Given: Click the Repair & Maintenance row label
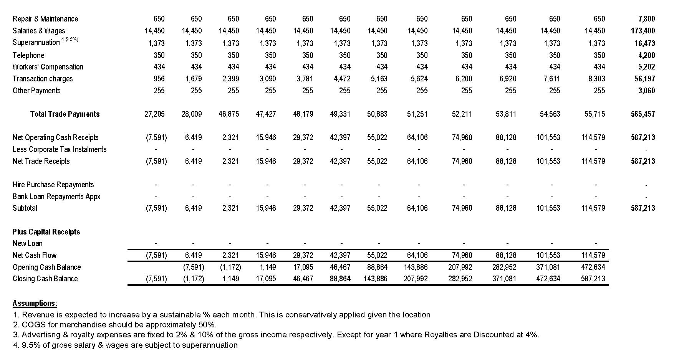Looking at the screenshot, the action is [x=45, y=19].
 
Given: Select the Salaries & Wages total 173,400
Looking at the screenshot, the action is [x=643, y=31].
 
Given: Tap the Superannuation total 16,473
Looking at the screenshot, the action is [x=644, y=43].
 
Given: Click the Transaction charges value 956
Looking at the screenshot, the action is [x=159, y=79].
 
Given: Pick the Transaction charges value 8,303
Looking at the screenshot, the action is [x=597, y=79].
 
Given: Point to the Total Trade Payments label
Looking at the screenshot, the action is [x=65, y=114].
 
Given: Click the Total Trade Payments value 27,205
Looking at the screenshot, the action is [x=154, y=114].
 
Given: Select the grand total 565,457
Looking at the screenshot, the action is [x=643, y=114].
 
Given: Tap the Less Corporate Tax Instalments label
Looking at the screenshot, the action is [x=60, y=149].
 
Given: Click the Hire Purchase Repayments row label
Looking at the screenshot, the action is [x=53, y=185].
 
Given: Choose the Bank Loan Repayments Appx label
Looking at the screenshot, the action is [x=56, y=197].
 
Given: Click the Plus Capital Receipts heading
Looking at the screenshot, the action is [x=46, y=232].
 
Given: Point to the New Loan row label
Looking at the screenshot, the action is [x=28, y=243].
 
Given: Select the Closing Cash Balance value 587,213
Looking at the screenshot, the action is [x=593, y=279].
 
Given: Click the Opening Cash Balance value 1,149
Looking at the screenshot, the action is [x=268, y=267].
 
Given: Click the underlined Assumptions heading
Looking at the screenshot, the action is [x=35, y=303].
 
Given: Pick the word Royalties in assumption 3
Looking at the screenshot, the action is [x=441, y=335].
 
